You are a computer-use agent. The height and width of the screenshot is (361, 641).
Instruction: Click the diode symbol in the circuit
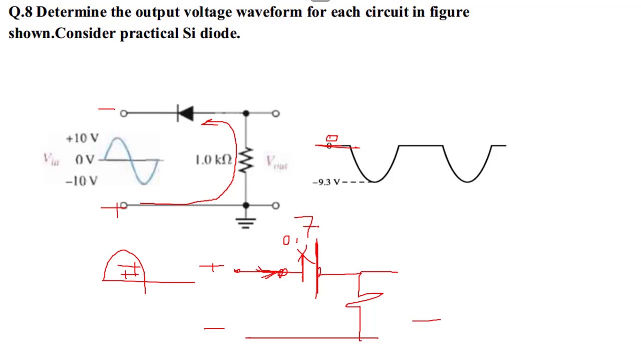[x=185, y=113]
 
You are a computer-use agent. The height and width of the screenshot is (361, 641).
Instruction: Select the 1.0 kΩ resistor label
[x=213, y=160]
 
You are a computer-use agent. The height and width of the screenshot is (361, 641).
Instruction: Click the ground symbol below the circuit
[x=245, y=222]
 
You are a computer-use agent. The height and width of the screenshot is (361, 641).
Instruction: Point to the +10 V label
[x=82, y=138]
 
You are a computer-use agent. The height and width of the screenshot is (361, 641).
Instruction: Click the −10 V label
[x=82, y=181]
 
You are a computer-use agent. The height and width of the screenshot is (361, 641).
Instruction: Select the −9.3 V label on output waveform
[x=326, y=182]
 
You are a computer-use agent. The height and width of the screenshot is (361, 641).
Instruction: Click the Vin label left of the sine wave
[x=51, y=160]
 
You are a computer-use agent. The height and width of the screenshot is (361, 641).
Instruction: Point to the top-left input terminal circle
[x=124, y=113]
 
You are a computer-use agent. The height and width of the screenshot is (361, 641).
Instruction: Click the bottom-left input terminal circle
[x=124, y=206]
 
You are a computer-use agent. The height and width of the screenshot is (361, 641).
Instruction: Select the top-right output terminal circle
[x=275, y=113]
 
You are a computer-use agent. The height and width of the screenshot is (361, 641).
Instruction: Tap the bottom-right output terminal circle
[x=275, y=206]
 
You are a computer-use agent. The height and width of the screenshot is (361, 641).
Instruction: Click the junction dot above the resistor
[x=245, y=113]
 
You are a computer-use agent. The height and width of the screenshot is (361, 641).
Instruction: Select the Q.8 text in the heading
[x=21, y=12]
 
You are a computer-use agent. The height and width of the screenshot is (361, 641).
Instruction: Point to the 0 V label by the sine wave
[x=85, y=160]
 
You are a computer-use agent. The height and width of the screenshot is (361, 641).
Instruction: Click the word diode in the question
[x=220, y=33]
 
